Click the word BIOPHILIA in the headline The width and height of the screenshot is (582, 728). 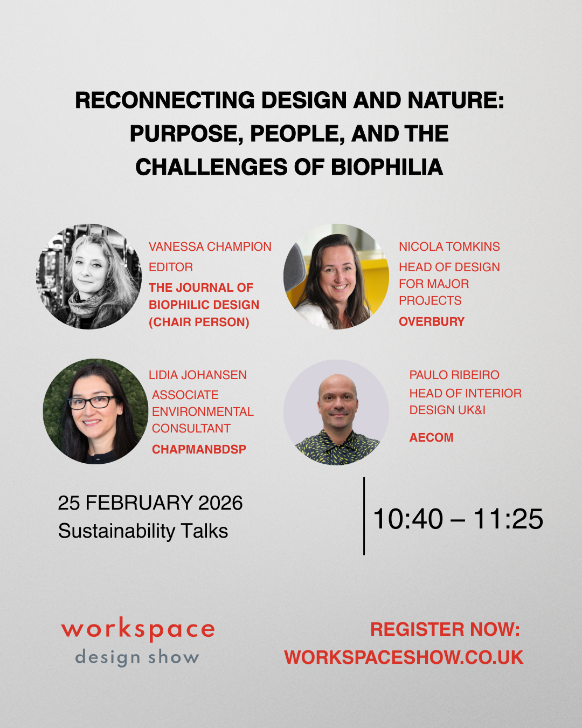pos(386,167)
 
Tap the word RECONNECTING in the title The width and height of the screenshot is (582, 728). pos(165,100)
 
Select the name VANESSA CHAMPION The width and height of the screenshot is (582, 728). pos(210,246)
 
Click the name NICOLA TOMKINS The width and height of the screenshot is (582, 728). pos(449,246)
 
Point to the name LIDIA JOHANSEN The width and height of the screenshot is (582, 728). pos(197,375)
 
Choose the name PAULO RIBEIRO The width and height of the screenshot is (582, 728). pos(454,375)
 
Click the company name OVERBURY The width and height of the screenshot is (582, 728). pos(431,321)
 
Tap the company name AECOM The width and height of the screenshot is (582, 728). pos(431,437)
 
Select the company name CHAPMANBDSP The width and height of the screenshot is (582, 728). pos(199,449)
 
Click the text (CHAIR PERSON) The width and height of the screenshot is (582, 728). pos(199,322)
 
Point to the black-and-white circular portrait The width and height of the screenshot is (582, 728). pos(88,276)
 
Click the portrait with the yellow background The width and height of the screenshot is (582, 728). pos(336,276)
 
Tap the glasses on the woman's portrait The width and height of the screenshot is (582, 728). pos(92,402)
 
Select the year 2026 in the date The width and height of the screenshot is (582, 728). pos(220,503)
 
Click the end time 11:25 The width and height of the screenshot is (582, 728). pos(508,519)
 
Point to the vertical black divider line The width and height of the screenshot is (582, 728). pos(364,516)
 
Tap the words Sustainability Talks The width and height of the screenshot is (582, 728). pos(143,531)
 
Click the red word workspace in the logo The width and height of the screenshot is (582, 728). pos(138,629)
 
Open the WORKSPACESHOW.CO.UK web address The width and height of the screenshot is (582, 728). pos(404,657)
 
